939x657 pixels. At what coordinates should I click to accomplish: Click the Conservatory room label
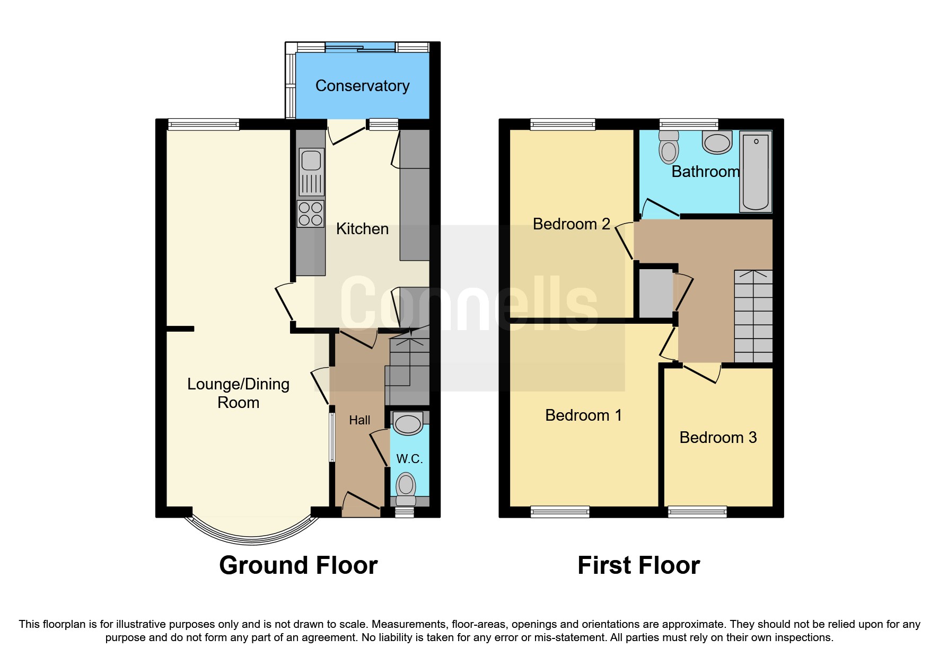pyautogui.click(x=362, y=86)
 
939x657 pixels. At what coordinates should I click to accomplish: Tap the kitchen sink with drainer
pyautogui.click(x=311, y=172)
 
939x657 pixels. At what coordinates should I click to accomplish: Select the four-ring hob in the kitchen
pyautogui.click(x=311, y=214)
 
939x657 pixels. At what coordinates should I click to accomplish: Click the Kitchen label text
pyautogui.click(x=362, y=229)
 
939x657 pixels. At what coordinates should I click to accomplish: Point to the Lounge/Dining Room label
pyautogui.click(x=238, y=393)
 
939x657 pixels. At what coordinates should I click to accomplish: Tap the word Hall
pyautogui.click(x=359, y=420)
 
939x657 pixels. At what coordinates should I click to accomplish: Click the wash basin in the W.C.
pyautogui.click(x=408, y=423)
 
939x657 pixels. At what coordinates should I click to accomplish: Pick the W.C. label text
pyautogui.click(x=409, y=459)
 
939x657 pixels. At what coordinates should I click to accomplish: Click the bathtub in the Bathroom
pyautogui.click(x=756, y=172)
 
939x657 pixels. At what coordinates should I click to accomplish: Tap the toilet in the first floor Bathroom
pyautogui.click(x=669, y=147)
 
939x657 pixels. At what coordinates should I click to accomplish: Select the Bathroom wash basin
pyautogui.click(x=717, y=143)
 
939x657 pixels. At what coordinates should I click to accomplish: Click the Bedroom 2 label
pyautogui.click(x=572, y=224)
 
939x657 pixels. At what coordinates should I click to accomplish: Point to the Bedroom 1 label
pyautogui.click(x=583, y=415)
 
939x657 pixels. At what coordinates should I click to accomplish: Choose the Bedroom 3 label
pyautogui.click(x=718, y=438)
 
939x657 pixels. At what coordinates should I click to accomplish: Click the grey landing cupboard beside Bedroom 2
pyautogui.click(x=656, y=294)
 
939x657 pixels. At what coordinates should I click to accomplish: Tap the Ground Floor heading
pyautogui.click(x=299, y=565)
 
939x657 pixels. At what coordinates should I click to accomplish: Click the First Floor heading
pyautogui.click(x=639, y=565)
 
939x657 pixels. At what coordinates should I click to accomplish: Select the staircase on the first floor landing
pyautogui.click(x=753, y=316)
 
